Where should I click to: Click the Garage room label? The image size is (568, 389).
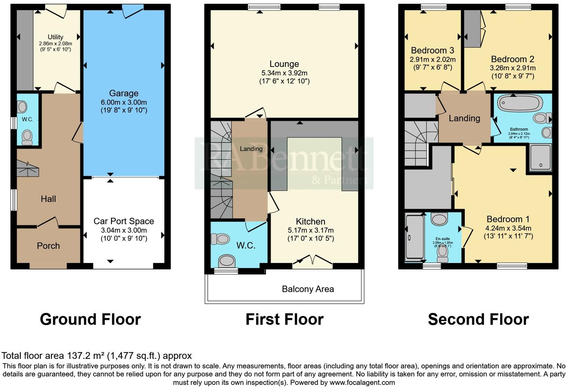[124, 93]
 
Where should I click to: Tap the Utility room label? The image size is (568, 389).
[55, 37]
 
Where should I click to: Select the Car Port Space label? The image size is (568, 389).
[124, 221]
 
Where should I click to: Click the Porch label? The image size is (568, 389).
[48, 246]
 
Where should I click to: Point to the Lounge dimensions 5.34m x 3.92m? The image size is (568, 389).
[284, 73]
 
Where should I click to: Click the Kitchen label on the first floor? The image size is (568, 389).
[310, 222]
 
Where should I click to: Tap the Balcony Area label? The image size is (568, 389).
[308, 289]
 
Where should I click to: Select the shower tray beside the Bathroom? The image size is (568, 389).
[540, 158]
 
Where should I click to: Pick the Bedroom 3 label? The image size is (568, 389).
[432, 50]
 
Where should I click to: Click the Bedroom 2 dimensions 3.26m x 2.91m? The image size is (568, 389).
[512, 68]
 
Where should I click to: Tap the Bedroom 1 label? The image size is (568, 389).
[507, 219]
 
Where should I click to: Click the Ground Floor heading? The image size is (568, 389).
[90, 319]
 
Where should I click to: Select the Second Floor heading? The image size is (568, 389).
[478, 319]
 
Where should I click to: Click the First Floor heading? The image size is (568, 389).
[284, 319]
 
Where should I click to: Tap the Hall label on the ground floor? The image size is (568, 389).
[48, 199]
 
